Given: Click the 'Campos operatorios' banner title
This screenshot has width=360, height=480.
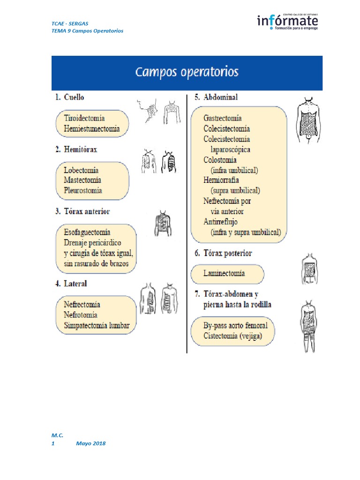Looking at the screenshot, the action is [x=187, y=73].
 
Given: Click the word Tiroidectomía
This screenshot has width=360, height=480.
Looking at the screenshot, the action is [x=84, y=118].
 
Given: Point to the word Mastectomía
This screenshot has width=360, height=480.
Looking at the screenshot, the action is [x=82, y=180].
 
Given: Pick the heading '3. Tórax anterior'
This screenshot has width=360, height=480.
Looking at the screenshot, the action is [x=82, y=211].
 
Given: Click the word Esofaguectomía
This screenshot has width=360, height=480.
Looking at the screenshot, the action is [x=87, y=232].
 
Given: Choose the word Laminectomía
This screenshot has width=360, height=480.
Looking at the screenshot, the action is [x=224, y=273].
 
